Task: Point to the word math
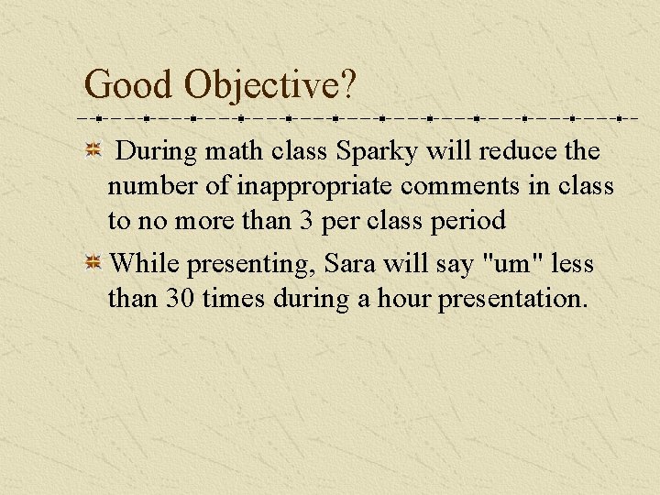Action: coord(218,151)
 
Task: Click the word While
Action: coord(144,264)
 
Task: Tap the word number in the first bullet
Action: coord(152,187)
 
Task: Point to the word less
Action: coord(573,264)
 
